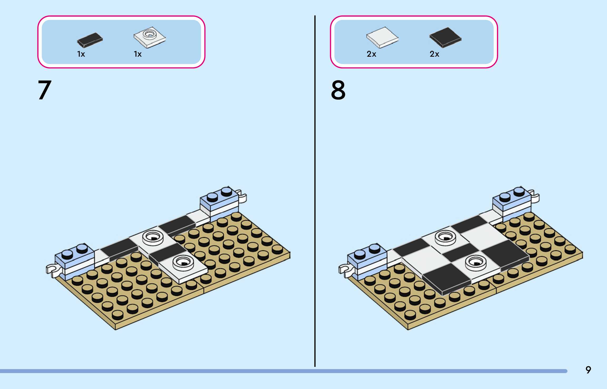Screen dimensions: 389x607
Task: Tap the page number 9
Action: (588, 370)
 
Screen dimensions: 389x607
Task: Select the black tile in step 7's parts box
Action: (90, 40)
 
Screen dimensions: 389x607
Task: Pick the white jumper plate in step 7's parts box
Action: (149, 37)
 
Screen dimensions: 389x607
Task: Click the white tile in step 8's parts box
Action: (382, 37)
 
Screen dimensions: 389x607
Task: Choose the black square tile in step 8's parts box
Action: (445, 37)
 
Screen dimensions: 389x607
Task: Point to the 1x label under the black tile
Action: (81, 54)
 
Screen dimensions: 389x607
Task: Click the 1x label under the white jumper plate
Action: (138, 54)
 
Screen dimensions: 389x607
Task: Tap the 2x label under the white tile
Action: (371, 54)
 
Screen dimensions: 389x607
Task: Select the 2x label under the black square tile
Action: (434, 54)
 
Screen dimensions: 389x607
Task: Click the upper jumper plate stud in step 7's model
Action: (153, 237)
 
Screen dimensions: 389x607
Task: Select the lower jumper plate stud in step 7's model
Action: (183, 262)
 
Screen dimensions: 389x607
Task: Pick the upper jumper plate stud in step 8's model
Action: (445, 237)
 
